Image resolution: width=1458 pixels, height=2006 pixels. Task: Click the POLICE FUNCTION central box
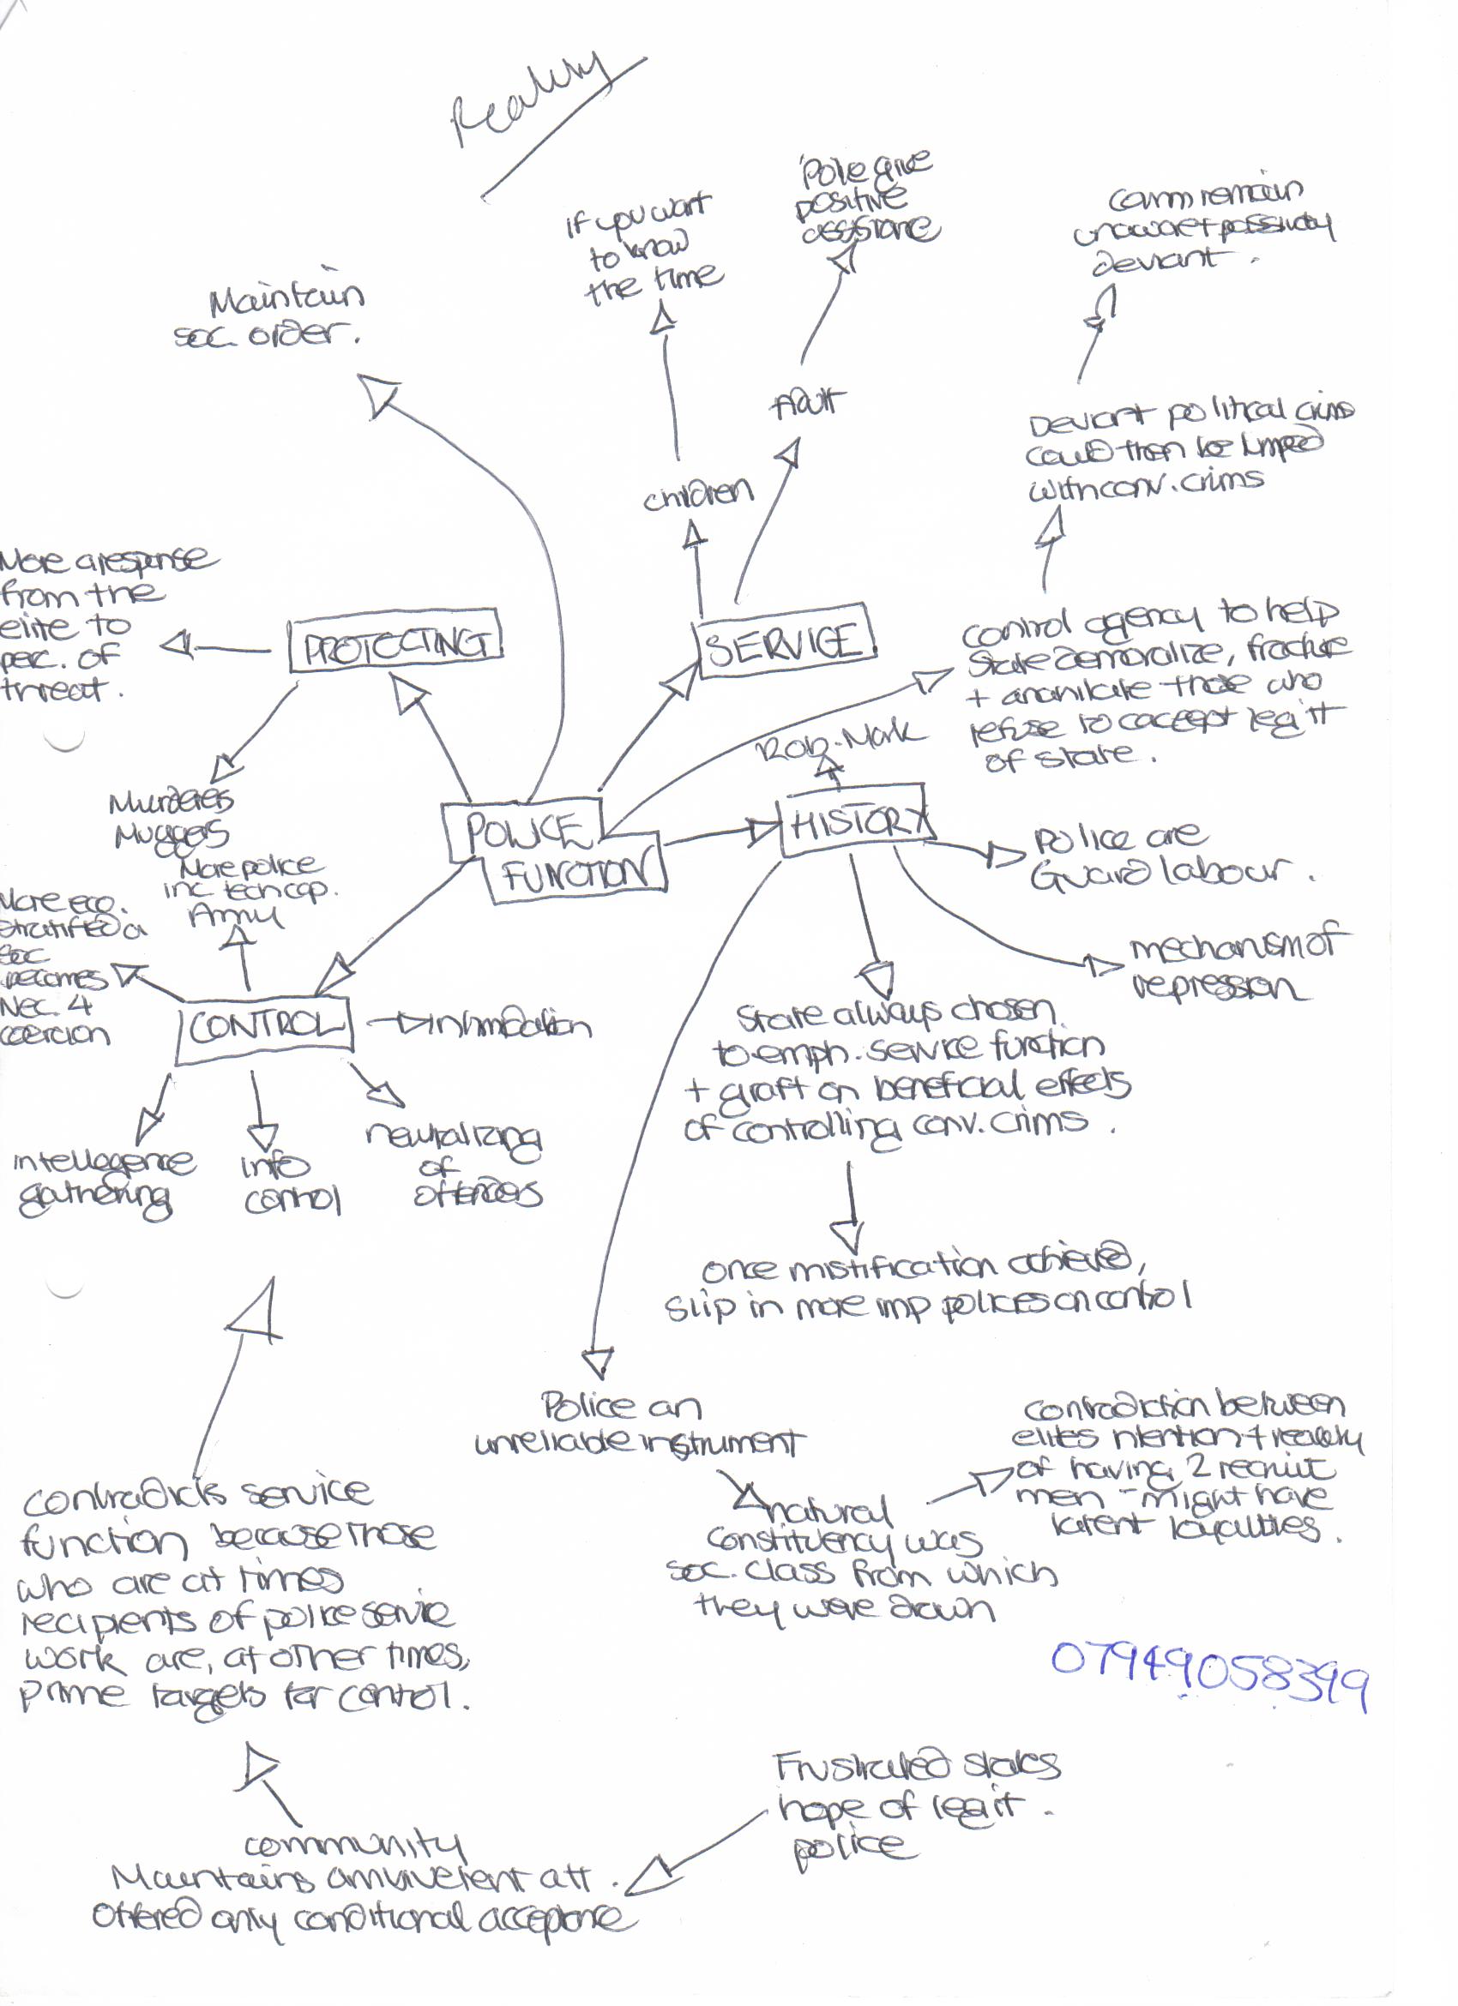click(x=556, y=851)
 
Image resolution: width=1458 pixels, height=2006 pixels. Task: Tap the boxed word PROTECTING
click(x=395, y=641)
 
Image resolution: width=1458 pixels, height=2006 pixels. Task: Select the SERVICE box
click(x=784, y=642)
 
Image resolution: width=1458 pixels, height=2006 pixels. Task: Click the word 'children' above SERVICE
click(x=697, y=496)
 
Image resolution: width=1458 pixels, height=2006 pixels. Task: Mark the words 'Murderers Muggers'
click(x=172, y=817)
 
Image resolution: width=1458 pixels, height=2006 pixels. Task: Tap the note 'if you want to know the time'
click(x=646, y=251)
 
